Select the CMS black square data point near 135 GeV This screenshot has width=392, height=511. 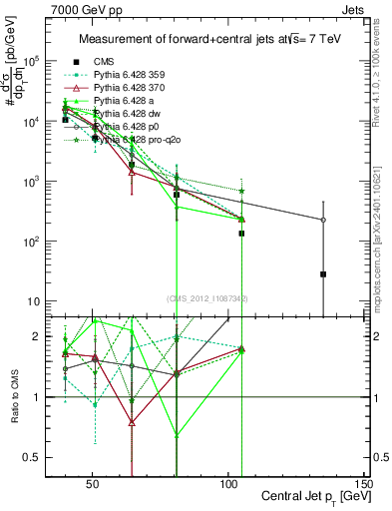coord(323,273)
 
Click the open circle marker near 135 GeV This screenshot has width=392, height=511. coord(323,220)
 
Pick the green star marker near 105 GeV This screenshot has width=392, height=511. coord(241,190)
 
